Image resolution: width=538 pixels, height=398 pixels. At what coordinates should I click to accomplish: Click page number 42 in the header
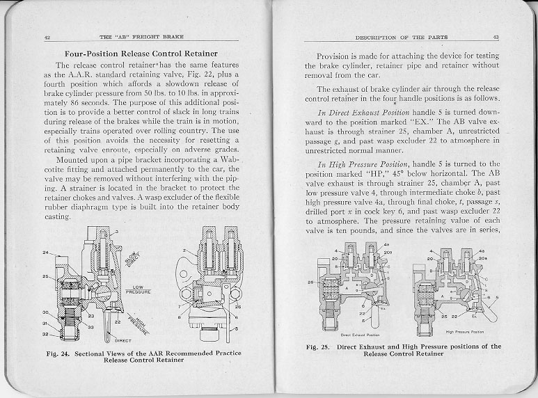pos(46,36)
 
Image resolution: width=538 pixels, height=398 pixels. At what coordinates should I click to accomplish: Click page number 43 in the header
pos(495,37)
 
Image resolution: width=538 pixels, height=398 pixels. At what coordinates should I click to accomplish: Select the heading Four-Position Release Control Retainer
pos(141,54)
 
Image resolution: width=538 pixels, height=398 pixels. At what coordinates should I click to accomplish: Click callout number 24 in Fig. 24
pos(45,253)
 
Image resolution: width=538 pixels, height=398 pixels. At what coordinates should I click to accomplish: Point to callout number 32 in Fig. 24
pos(45,334)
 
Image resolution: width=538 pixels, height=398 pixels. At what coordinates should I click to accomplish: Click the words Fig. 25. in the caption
pos(321,346)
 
